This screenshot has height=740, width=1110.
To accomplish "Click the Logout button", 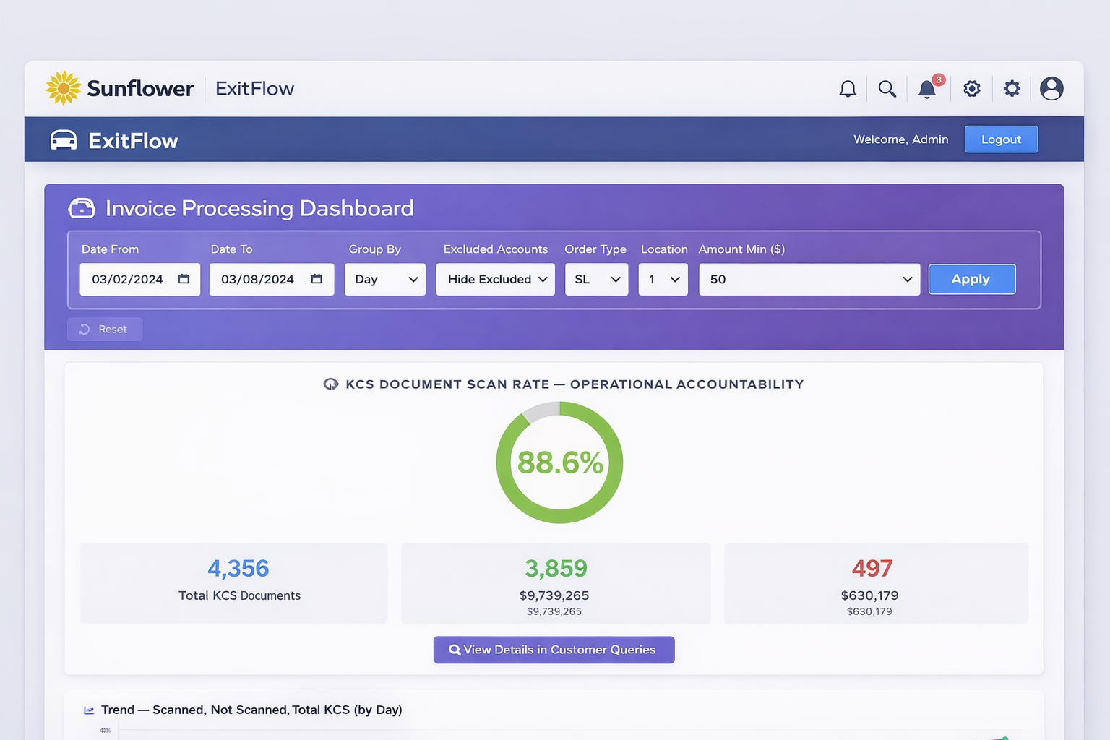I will click(1001, 139).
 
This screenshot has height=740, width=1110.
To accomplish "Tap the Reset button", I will click(105, 329).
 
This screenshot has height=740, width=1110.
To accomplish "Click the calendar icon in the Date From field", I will click(184, 279).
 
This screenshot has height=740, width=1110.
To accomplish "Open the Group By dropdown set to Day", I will click(385, 279).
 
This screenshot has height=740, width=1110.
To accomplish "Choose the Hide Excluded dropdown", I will click(496, 279).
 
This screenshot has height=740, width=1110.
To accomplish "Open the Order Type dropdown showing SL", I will click(596, 279).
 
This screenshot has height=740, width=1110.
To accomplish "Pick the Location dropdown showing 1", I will click(663, 279).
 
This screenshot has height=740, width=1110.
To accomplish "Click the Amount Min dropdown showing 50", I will click(809, 279).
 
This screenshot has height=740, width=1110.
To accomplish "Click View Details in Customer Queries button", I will click(554, 650).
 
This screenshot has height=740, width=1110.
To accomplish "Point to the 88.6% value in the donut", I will click(560, 462).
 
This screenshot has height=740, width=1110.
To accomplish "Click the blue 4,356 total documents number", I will click(238, 569).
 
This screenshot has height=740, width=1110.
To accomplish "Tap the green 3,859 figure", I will click(556, 569).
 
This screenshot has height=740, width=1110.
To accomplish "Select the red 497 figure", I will click(872, 569).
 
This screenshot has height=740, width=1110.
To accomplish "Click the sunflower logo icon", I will click(64, 88).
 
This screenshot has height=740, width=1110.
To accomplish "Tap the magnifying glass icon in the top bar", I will click(887, 89).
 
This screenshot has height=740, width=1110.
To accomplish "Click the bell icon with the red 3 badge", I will click(927, 89).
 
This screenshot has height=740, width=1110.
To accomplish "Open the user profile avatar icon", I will click(1051, 89).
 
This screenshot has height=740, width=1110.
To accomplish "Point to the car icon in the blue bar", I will click(64, 140).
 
